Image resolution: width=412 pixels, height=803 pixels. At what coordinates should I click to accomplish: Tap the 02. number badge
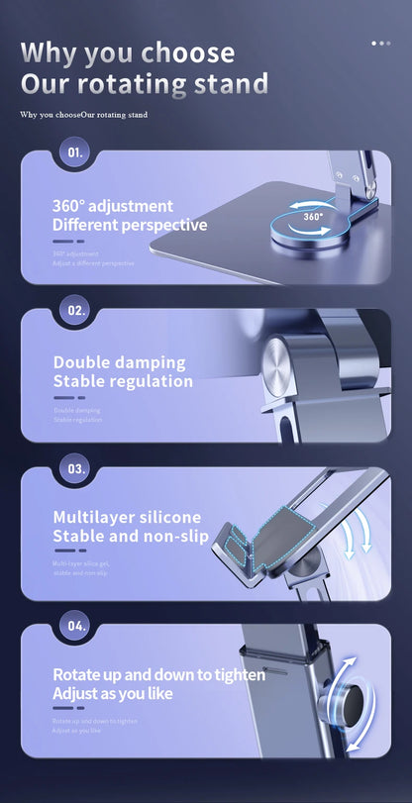(76, 310)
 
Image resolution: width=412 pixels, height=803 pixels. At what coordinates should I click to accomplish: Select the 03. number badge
(76, 466)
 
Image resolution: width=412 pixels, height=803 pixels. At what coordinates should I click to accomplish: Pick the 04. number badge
(76, 625)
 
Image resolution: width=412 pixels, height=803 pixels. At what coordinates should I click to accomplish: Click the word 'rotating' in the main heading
(133, 84)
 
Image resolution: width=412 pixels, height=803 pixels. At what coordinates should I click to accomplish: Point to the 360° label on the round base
(313, 216)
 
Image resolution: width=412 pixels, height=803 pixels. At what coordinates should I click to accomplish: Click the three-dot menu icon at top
(380, 44)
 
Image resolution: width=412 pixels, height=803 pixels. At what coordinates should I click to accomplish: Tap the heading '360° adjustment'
(112, 206)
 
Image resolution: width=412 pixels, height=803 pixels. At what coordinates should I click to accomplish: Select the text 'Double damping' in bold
(119, 362)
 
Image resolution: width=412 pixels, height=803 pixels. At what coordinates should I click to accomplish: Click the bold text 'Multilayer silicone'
(126, 517)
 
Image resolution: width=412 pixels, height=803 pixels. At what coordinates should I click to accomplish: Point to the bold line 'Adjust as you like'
(112, 693)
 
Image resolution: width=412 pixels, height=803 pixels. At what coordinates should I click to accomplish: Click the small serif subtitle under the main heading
(83, 115)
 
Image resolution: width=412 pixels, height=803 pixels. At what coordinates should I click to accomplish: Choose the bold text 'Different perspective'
(129, 225)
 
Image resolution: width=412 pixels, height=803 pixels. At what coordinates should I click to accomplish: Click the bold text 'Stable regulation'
(123, 381)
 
